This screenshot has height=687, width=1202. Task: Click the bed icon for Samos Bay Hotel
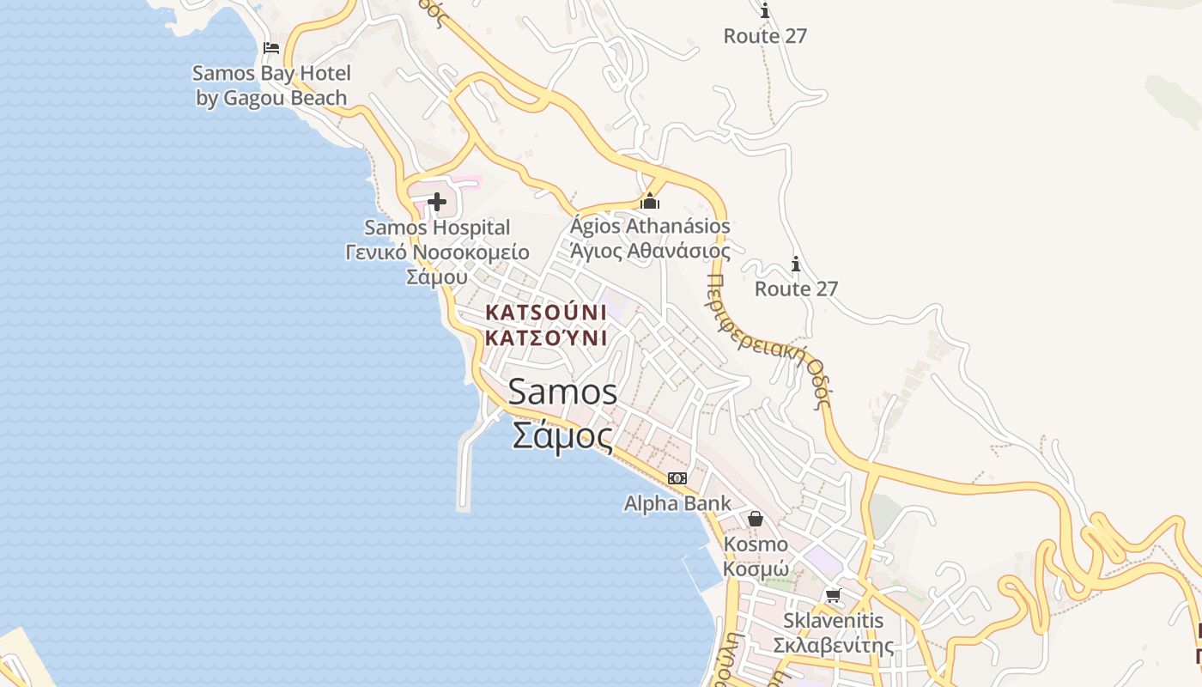[271, 47]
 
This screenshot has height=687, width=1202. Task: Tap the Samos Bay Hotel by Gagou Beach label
[271, 86]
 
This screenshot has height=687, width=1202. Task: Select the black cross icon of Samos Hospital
[437, 203]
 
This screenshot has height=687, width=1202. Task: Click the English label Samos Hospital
[437, 228]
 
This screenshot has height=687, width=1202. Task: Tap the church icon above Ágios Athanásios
[650, 201]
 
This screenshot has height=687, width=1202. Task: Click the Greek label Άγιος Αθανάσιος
[650, 251]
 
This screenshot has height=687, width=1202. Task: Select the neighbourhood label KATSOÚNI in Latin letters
[546, 312]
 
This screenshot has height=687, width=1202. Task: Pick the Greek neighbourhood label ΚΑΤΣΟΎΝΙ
[546, 337]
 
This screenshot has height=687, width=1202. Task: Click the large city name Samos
[562, 392]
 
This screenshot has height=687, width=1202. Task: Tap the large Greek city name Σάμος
[562, 435]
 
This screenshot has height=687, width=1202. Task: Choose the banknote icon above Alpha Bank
[677, 478]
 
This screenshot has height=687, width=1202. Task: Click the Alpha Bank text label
[677, 503]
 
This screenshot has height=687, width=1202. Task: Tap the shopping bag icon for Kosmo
[756, 519]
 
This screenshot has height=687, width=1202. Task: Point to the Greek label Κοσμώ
[756, 568]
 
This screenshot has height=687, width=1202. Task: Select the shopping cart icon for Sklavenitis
[833, 595]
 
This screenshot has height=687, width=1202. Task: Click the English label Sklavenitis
[833, 620]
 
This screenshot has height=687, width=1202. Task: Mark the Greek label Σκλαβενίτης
[833, 645]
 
